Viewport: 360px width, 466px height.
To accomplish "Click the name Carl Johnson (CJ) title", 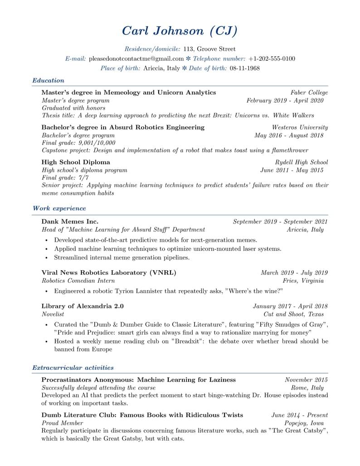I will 180,31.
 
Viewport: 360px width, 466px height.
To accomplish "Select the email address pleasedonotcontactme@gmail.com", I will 136,59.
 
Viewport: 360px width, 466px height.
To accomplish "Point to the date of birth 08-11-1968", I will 245,68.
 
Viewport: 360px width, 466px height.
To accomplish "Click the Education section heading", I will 48,81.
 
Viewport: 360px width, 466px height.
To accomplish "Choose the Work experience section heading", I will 59,209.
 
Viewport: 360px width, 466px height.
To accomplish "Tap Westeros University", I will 300,127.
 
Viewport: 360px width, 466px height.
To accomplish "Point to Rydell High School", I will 301,162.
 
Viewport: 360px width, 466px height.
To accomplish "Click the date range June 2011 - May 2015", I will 292,170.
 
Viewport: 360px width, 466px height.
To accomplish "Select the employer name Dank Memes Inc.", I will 70,222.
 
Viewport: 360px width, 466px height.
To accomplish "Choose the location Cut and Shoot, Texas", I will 294,314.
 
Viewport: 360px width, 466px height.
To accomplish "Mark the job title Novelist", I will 53,314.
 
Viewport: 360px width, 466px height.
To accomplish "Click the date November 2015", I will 306,380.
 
